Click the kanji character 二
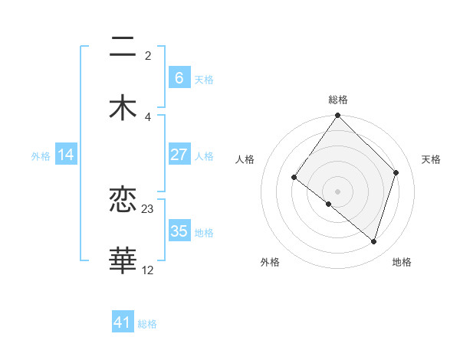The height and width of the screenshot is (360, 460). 123,47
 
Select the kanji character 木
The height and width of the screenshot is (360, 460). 123,106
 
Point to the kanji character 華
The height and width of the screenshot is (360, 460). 123,260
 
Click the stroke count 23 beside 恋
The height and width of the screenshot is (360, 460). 148,208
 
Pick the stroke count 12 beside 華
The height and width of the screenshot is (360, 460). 148,270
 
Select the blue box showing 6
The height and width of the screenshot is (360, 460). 179,77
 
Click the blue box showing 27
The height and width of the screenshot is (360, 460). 179,155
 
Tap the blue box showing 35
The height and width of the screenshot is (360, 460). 179,231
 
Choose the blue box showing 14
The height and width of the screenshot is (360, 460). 66,155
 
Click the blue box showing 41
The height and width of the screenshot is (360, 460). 123,322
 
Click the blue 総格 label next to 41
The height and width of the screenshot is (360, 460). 147,324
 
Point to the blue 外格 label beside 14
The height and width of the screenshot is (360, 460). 41,156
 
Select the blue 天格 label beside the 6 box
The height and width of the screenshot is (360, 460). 204,79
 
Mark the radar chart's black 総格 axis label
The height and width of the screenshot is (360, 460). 338,100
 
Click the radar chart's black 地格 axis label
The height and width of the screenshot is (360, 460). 402,263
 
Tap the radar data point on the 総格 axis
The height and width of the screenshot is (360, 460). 338,116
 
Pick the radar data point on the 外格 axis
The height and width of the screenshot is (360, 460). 329,204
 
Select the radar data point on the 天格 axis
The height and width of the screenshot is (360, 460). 396,172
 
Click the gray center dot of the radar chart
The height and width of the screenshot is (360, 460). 338,191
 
